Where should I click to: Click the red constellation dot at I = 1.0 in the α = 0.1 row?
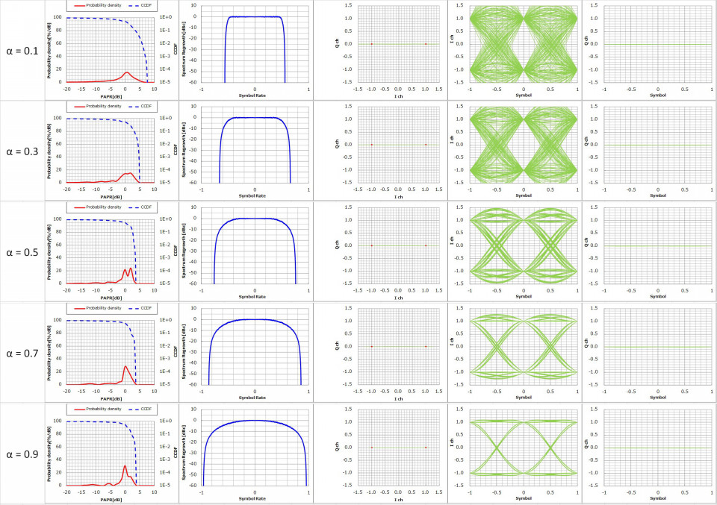click(x=426, y=44)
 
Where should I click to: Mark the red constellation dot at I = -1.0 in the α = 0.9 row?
click(x=372, y=448)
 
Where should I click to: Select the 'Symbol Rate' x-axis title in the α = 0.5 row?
click(x=255, y=297)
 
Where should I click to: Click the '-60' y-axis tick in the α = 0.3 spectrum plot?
click(x=193, y=183)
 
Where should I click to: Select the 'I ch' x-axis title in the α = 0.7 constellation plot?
click(x=399, y=398)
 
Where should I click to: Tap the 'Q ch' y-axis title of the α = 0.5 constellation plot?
click(x=338, y=246)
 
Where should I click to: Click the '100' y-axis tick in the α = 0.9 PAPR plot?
click(x=58, y=420)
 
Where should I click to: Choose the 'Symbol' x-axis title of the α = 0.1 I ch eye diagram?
click(x=524, y=95)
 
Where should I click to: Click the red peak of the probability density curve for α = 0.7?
click(x=125, y=366)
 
